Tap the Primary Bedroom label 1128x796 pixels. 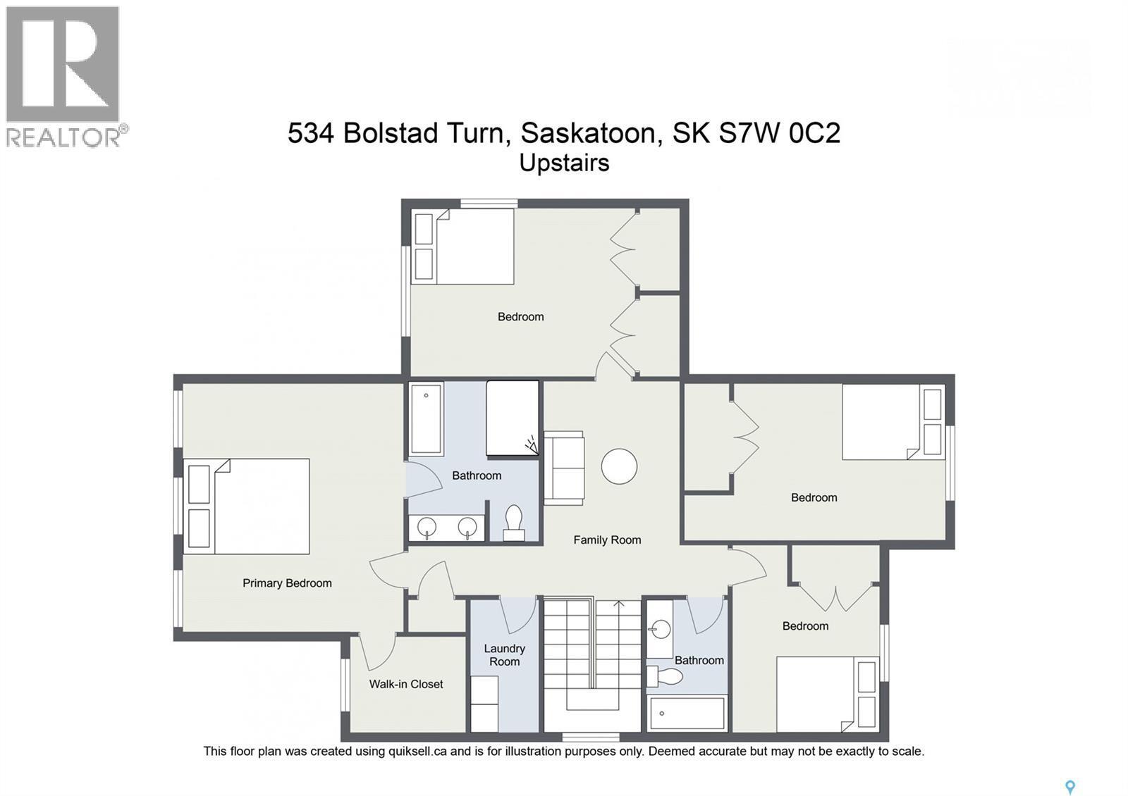click(x=287, y=583)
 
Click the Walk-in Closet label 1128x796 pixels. click(x=406, y=684)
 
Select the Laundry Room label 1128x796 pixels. click(x=504, y=655)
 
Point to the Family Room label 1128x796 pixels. click(x=607, y=540)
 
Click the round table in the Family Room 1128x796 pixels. click(x=619, y=466)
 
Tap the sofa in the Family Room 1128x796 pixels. click(x=563, y=468)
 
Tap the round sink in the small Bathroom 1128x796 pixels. click(x=661, y=629)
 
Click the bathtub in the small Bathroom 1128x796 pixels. click(x=687, y=713)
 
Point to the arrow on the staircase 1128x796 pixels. click(x=619, y=604)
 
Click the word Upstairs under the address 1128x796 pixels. click(x=564, y=163)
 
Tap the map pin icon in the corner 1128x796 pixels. click(x=1070, y=787)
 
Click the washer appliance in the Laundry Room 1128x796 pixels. click(x=484, y=704)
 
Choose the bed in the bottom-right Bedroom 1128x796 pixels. click(x=826, y=694)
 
